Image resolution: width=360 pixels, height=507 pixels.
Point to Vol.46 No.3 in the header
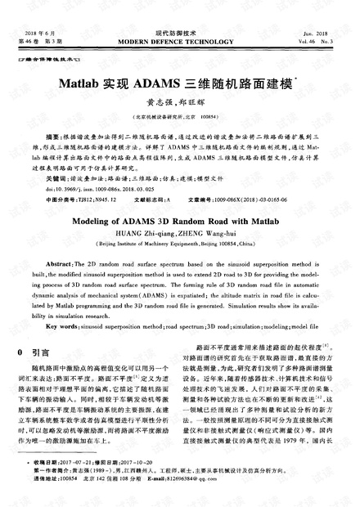point(327,40)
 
